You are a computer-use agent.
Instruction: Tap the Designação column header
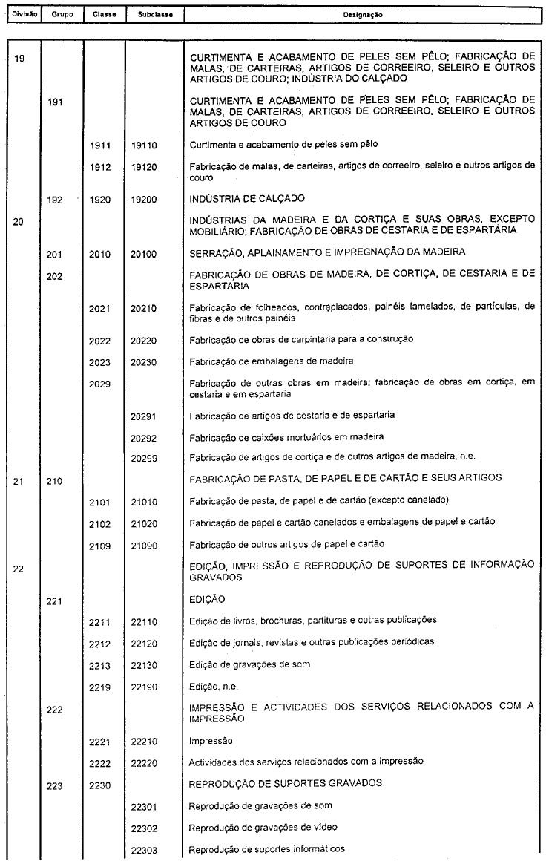pyautogui.click(x=363, y=14)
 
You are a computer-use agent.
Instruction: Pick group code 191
pyautogui.click(x=55, y=102)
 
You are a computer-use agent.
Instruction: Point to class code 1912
pyautogui.click(x=99, y=168)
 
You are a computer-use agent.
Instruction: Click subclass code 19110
pyautogui.click(x=143, y=146)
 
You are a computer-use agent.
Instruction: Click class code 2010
pyautogui.click(x=99, y=254)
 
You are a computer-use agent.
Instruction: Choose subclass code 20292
pyautogui.click(x=143, y=436)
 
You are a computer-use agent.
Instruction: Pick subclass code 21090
pyautogui.click(x=143, y=545)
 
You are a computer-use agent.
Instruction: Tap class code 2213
pyautogui.click(x=99, y=665)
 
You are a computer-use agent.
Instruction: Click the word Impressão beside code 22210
pyautogui.click(x=212, y=741)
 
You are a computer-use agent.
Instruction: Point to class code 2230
pyautogui.click(x=99, y=784)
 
